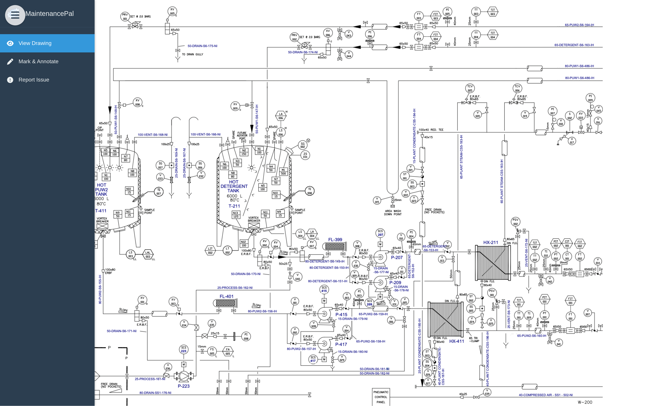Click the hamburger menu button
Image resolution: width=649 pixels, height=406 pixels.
(15, 15)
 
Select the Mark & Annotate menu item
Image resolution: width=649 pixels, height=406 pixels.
(38, 62)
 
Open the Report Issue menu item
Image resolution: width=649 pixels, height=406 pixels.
(34, 80)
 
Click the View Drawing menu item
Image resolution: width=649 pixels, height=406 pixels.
(35, 43)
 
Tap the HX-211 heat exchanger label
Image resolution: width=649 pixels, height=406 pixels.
(491, 242)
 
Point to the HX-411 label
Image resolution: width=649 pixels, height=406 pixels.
(456, 341)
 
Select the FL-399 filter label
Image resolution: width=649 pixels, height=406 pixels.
(335, 239)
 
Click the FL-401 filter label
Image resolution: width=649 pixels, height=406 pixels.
(226, 296)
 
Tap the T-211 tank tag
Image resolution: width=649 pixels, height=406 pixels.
(234, 206)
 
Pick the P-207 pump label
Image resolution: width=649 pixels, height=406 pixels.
(397, 258)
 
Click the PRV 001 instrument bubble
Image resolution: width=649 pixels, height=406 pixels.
(125, 17)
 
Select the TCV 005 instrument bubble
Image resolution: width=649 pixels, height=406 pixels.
(470, 88)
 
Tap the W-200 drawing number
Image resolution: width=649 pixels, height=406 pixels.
(585, 402)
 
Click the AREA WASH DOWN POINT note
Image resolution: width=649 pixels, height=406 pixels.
(393, 213)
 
